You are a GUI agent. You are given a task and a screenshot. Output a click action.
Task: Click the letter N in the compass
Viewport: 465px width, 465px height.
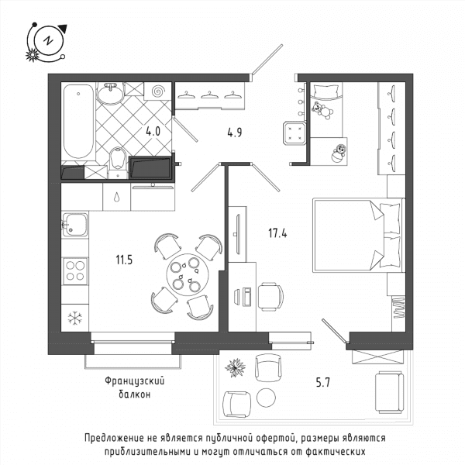coord(48,40)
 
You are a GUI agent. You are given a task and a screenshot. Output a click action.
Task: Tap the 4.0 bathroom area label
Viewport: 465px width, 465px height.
coord(153,131)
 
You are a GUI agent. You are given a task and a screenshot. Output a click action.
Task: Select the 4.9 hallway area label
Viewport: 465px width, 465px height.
coord(235,133)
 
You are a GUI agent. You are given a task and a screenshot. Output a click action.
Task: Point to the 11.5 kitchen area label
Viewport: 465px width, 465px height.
coord(124,260)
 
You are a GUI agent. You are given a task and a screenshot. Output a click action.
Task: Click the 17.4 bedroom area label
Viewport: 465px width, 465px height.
coord(277,233)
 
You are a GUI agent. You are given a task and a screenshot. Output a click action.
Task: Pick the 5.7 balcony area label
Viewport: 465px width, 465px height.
coord(322,383)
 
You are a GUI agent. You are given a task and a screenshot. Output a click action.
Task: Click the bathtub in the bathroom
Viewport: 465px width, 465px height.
coord(78,122)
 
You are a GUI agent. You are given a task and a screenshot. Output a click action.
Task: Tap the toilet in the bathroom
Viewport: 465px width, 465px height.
coord(118,163)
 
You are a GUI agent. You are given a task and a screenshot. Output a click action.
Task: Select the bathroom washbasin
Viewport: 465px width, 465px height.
coord(111,93)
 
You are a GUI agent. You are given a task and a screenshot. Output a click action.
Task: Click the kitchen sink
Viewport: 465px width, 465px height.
coord(75,225)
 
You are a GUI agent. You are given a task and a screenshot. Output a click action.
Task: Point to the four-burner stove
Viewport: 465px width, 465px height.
coord(75,271)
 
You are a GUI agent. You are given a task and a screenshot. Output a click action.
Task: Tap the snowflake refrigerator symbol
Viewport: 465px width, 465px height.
coord(74,319)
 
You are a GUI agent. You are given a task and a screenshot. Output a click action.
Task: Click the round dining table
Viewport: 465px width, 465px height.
coord(186,274)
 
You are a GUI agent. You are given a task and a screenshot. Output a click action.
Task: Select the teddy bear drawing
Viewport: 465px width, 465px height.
coord(322,110)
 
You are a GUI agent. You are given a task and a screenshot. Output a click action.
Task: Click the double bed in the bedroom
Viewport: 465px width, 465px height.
coord(359,235)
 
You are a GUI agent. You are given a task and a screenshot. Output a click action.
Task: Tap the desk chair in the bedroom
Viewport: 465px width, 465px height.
coord(270,297)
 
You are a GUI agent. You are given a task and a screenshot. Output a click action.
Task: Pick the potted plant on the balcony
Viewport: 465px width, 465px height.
coord(235,367)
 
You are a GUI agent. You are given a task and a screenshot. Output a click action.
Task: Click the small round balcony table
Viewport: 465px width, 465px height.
coord(266,398)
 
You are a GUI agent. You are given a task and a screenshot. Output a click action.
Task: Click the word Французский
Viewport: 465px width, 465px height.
coord(135,381)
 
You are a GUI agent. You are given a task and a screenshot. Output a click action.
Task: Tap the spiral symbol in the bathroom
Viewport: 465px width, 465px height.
coord(158,91)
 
